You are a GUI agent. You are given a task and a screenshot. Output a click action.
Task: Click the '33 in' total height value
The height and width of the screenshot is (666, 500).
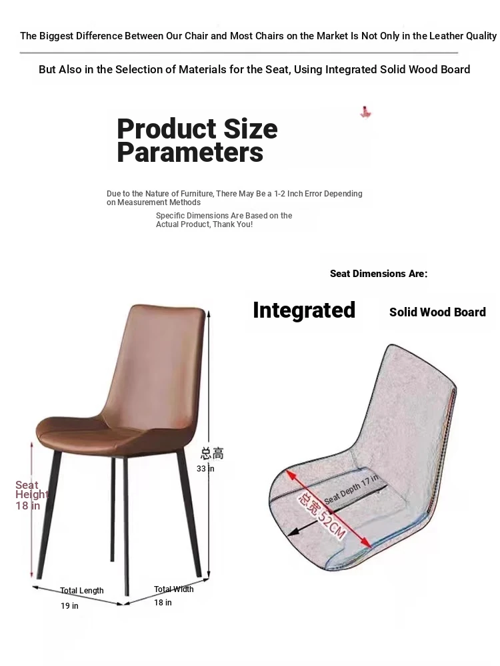205,468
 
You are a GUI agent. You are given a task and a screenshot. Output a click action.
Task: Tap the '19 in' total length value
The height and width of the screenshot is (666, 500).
69,605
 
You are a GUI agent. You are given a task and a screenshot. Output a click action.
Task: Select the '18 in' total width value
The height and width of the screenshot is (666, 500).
163,602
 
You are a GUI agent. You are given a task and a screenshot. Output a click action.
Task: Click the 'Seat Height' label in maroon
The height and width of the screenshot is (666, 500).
32,490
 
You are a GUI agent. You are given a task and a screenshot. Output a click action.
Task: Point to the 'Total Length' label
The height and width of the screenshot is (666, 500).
81,590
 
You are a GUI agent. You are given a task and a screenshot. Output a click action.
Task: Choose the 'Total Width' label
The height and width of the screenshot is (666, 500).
173,589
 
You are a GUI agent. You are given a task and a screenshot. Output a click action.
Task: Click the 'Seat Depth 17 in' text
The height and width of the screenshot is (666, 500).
351,490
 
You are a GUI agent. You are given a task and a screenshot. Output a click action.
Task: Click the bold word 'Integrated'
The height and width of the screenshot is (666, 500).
304,310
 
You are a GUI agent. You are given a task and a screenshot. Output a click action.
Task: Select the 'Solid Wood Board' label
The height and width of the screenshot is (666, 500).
437,312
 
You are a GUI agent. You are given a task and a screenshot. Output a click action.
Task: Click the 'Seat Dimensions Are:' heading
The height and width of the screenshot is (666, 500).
379,274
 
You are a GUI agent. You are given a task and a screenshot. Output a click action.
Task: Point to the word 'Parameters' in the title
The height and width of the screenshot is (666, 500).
190,153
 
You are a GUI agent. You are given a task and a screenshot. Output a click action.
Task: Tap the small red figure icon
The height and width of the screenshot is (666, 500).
365,112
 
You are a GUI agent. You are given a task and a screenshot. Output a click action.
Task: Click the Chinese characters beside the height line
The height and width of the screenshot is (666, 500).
212,453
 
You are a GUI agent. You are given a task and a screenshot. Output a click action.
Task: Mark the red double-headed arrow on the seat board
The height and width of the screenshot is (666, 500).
328,508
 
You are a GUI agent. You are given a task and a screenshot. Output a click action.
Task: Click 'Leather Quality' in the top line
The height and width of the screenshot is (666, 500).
463,36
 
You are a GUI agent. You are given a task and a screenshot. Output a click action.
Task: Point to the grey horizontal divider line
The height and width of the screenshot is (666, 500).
239,53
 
